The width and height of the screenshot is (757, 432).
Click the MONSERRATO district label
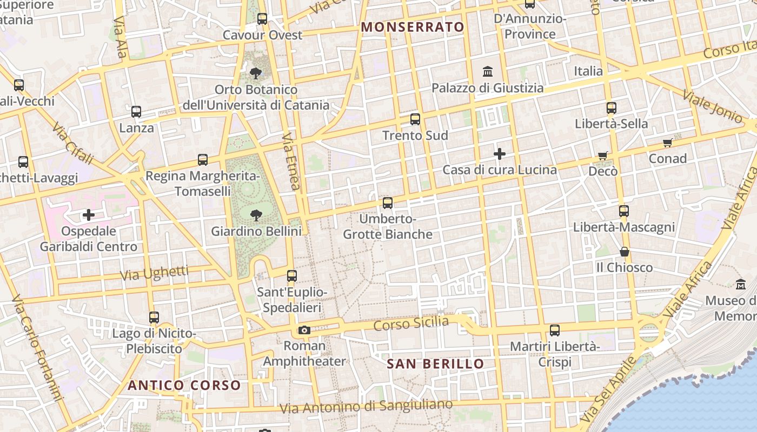(x=413, y=27)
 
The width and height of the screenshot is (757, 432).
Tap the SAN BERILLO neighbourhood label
(x=435, y=364)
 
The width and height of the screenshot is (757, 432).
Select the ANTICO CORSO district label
(x=184, y=385)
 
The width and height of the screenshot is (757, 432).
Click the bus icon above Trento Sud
(x=415, y=119)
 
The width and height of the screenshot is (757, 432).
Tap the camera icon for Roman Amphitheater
(x=304, y=330)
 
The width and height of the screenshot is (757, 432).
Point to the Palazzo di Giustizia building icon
(x=488, y=71)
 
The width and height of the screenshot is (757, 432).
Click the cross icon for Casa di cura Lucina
(x=500, y=154)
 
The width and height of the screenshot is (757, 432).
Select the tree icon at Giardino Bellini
(x=256, y=215)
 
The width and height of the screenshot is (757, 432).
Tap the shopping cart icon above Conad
(x=668, y=143)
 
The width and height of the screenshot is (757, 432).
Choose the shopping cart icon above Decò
(x=603, y=156)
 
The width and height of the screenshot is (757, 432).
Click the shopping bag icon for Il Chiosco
(x=625, y=252)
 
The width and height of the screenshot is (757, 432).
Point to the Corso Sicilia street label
(x=411, y=324)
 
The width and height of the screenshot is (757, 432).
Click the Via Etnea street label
(x=290, y=162)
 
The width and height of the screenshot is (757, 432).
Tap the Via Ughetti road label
(x=154, y=273)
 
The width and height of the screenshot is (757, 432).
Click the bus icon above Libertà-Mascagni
(x=624, y=211)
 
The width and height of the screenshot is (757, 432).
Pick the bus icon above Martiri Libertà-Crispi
(x=555, y=330)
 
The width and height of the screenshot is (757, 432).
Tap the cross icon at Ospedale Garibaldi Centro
(x=89, y=215)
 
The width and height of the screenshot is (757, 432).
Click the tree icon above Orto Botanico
(x=256, y=73)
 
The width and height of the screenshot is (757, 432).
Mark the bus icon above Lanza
(x=136, y=112)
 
